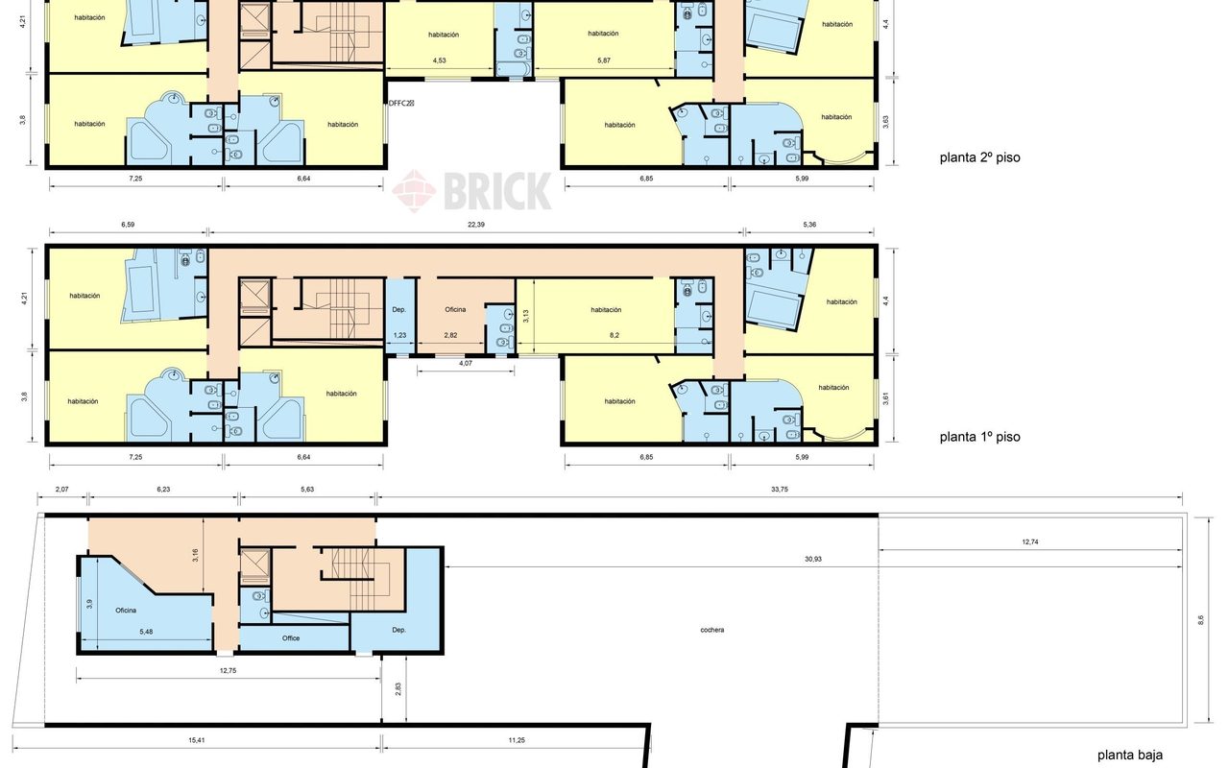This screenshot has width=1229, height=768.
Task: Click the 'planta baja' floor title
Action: pyautogui.click(x=1130, y=756)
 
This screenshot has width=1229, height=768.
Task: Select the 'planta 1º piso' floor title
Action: pyautogui.click(x=980, y=437)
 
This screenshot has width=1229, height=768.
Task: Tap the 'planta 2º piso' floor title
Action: pyautogui.click(x=980, y=157)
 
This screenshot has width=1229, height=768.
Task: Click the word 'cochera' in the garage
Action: pyautogui.click(x=712, y=630)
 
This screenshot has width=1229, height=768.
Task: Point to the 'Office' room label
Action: pyautogui.click(x=291, y=638)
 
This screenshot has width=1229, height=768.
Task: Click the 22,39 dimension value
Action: pyautogui.click(x=475, y=225)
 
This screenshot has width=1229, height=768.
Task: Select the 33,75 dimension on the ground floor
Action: pyautogui.click(x=779, y=490)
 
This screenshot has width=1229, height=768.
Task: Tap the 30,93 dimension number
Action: pyautogui.click(x=813, y=559)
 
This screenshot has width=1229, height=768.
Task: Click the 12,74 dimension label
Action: pyautogui.click(x=1030, y=542)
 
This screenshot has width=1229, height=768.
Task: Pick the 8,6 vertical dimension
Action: pyautogui.click(x=1200, y=620)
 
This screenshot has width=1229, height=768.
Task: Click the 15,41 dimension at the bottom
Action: pyautogui.click(x=197, y=740)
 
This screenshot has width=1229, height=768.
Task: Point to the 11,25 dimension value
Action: pyautogui.click(x=517, y=740)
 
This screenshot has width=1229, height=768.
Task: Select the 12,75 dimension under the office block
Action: pyautogui.click(x=228, y=670)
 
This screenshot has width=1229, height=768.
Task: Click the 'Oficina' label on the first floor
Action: pyautogui.click(x=455, y=309)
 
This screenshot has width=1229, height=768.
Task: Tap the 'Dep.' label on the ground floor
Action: pyautogui.click(x=398, y=630)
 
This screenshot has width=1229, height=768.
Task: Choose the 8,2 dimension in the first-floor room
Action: pyautogui.click(x=614, y=335)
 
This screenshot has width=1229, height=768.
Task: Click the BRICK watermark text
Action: pyautogui.click(x=496, y=191)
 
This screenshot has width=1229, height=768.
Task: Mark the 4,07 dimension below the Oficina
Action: pyautogui.click(x=466, y=363)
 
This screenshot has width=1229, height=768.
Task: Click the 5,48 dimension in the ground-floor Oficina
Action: pyautogui.click(x=146, y=632)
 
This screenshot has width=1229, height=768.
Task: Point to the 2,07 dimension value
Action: pyautogui.click(x=62, y=490)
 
